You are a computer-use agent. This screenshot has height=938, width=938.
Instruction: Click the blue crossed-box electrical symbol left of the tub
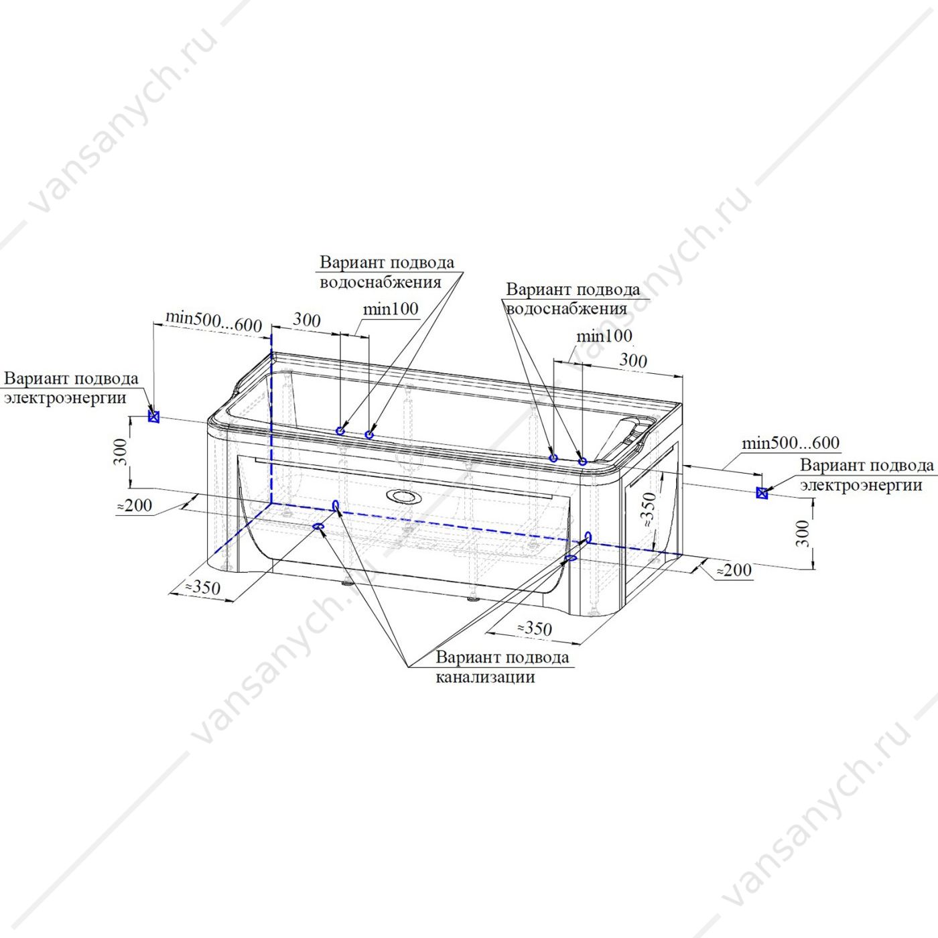[x=154, y=416]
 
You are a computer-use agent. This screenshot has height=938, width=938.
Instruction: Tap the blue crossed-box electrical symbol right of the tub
[x=762, y=493]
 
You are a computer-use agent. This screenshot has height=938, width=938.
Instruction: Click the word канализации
[x=485, y=677]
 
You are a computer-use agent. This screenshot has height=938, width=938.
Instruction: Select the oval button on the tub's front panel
[x=401, y=496]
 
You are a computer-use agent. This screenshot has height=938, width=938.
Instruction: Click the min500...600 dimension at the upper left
[x=214, y=322]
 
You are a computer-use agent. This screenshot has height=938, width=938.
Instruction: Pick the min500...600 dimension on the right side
[x=791, y=442]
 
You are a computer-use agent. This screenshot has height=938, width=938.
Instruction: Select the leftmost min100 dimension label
[x=391, y=309]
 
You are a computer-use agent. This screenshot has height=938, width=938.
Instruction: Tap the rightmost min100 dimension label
[x=604, y=336]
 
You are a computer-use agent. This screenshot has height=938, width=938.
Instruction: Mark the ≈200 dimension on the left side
[x=135, y=505]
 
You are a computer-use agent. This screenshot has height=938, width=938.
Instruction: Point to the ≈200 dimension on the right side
[x=734, y=569]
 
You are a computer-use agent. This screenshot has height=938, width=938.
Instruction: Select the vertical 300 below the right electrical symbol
[x=804, y=533]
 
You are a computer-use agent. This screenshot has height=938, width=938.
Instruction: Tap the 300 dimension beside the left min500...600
[x=307, y=320]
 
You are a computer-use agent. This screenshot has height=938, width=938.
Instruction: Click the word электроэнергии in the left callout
[x=65, y=398]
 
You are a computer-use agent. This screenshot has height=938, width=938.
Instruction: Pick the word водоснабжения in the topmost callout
[x=381, y=282]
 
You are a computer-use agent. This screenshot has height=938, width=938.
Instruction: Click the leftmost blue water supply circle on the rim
[x=341, y=430]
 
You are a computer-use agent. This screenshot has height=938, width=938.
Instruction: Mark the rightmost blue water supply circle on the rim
[x=582, y=461]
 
